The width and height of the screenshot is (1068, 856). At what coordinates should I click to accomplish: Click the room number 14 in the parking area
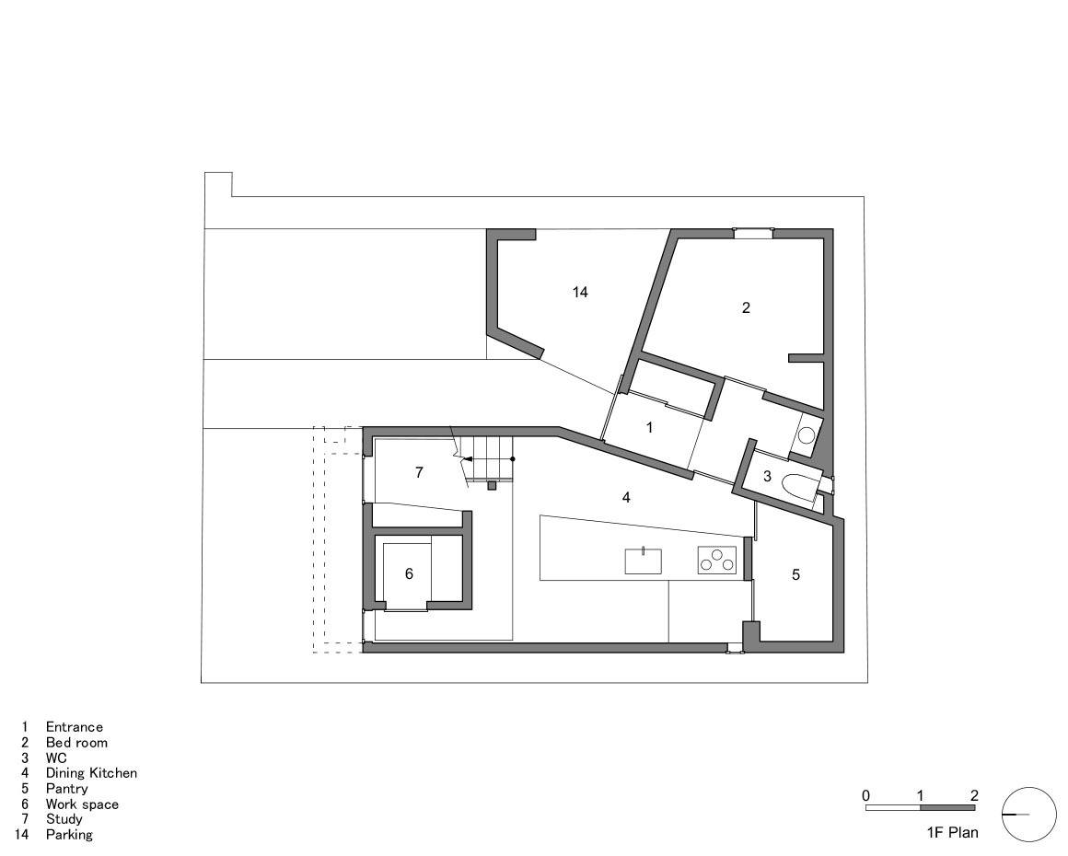pyautogui.click(x=580, y=292)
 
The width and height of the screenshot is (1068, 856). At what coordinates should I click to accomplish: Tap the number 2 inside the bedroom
pyautogui.click(x=746, y=307)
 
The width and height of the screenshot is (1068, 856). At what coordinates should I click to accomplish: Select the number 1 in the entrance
pyautogui.click(x=649, y=428)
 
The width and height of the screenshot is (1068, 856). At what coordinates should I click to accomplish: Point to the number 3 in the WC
pyautogui.click(x=767, y=477)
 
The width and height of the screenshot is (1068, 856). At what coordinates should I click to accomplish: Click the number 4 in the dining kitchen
pyautogui.click(x=626, y=498)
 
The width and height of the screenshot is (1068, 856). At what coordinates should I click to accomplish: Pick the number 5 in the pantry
pyautogui.click(x=795, y=574)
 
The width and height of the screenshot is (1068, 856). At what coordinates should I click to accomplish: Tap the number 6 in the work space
pyautogui.click(x=409, y=574)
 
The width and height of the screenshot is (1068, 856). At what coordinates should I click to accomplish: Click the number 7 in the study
pyautogui.click(x=419, y=472)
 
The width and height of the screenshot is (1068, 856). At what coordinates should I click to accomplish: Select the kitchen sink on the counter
pyautogui.click(x=643, y=561)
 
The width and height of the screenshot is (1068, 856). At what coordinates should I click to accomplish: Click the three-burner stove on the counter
pyautogui.click(x=717, y=561)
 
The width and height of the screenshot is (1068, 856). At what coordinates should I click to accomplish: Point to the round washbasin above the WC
pyautogui.click(x=807, y=434)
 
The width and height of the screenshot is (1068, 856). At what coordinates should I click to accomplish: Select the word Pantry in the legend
pyautogui.click(x=66, y=789)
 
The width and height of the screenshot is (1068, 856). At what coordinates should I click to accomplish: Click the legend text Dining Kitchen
pyautogui.click(x=91, y=773)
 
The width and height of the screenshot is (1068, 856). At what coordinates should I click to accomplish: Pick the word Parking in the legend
pyautogui.click(x=69, y=834)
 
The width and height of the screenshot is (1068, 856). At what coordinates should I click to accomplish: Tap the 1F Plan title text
pyautogui.click(x=952, y=832)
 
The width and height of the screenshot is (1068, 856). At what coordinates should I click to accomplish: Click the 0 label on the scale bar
pyautogui.click(x=865, y=795)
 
